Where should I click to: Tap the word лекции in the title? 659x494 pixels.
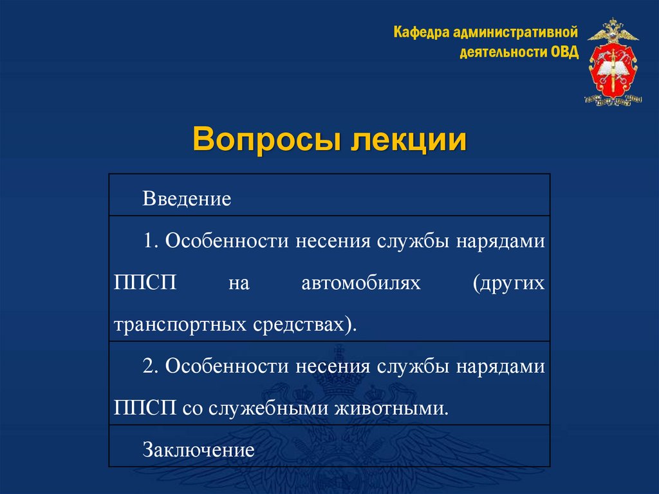(x=407, y=140)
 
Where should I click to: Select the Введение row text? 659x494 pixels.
(x=187, y=198)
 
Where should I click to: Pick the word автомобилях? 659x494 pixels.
(x=360, y=282)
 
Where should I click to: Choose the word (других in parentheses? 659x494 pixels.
(x=508, y=282)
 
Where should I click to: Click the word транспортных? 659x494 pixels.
(x=176, y=324)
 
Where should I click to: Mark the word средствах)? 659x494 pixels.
(x=301, y=324)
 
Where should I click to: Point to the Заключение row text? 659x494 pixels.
(x=199, y=449)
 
